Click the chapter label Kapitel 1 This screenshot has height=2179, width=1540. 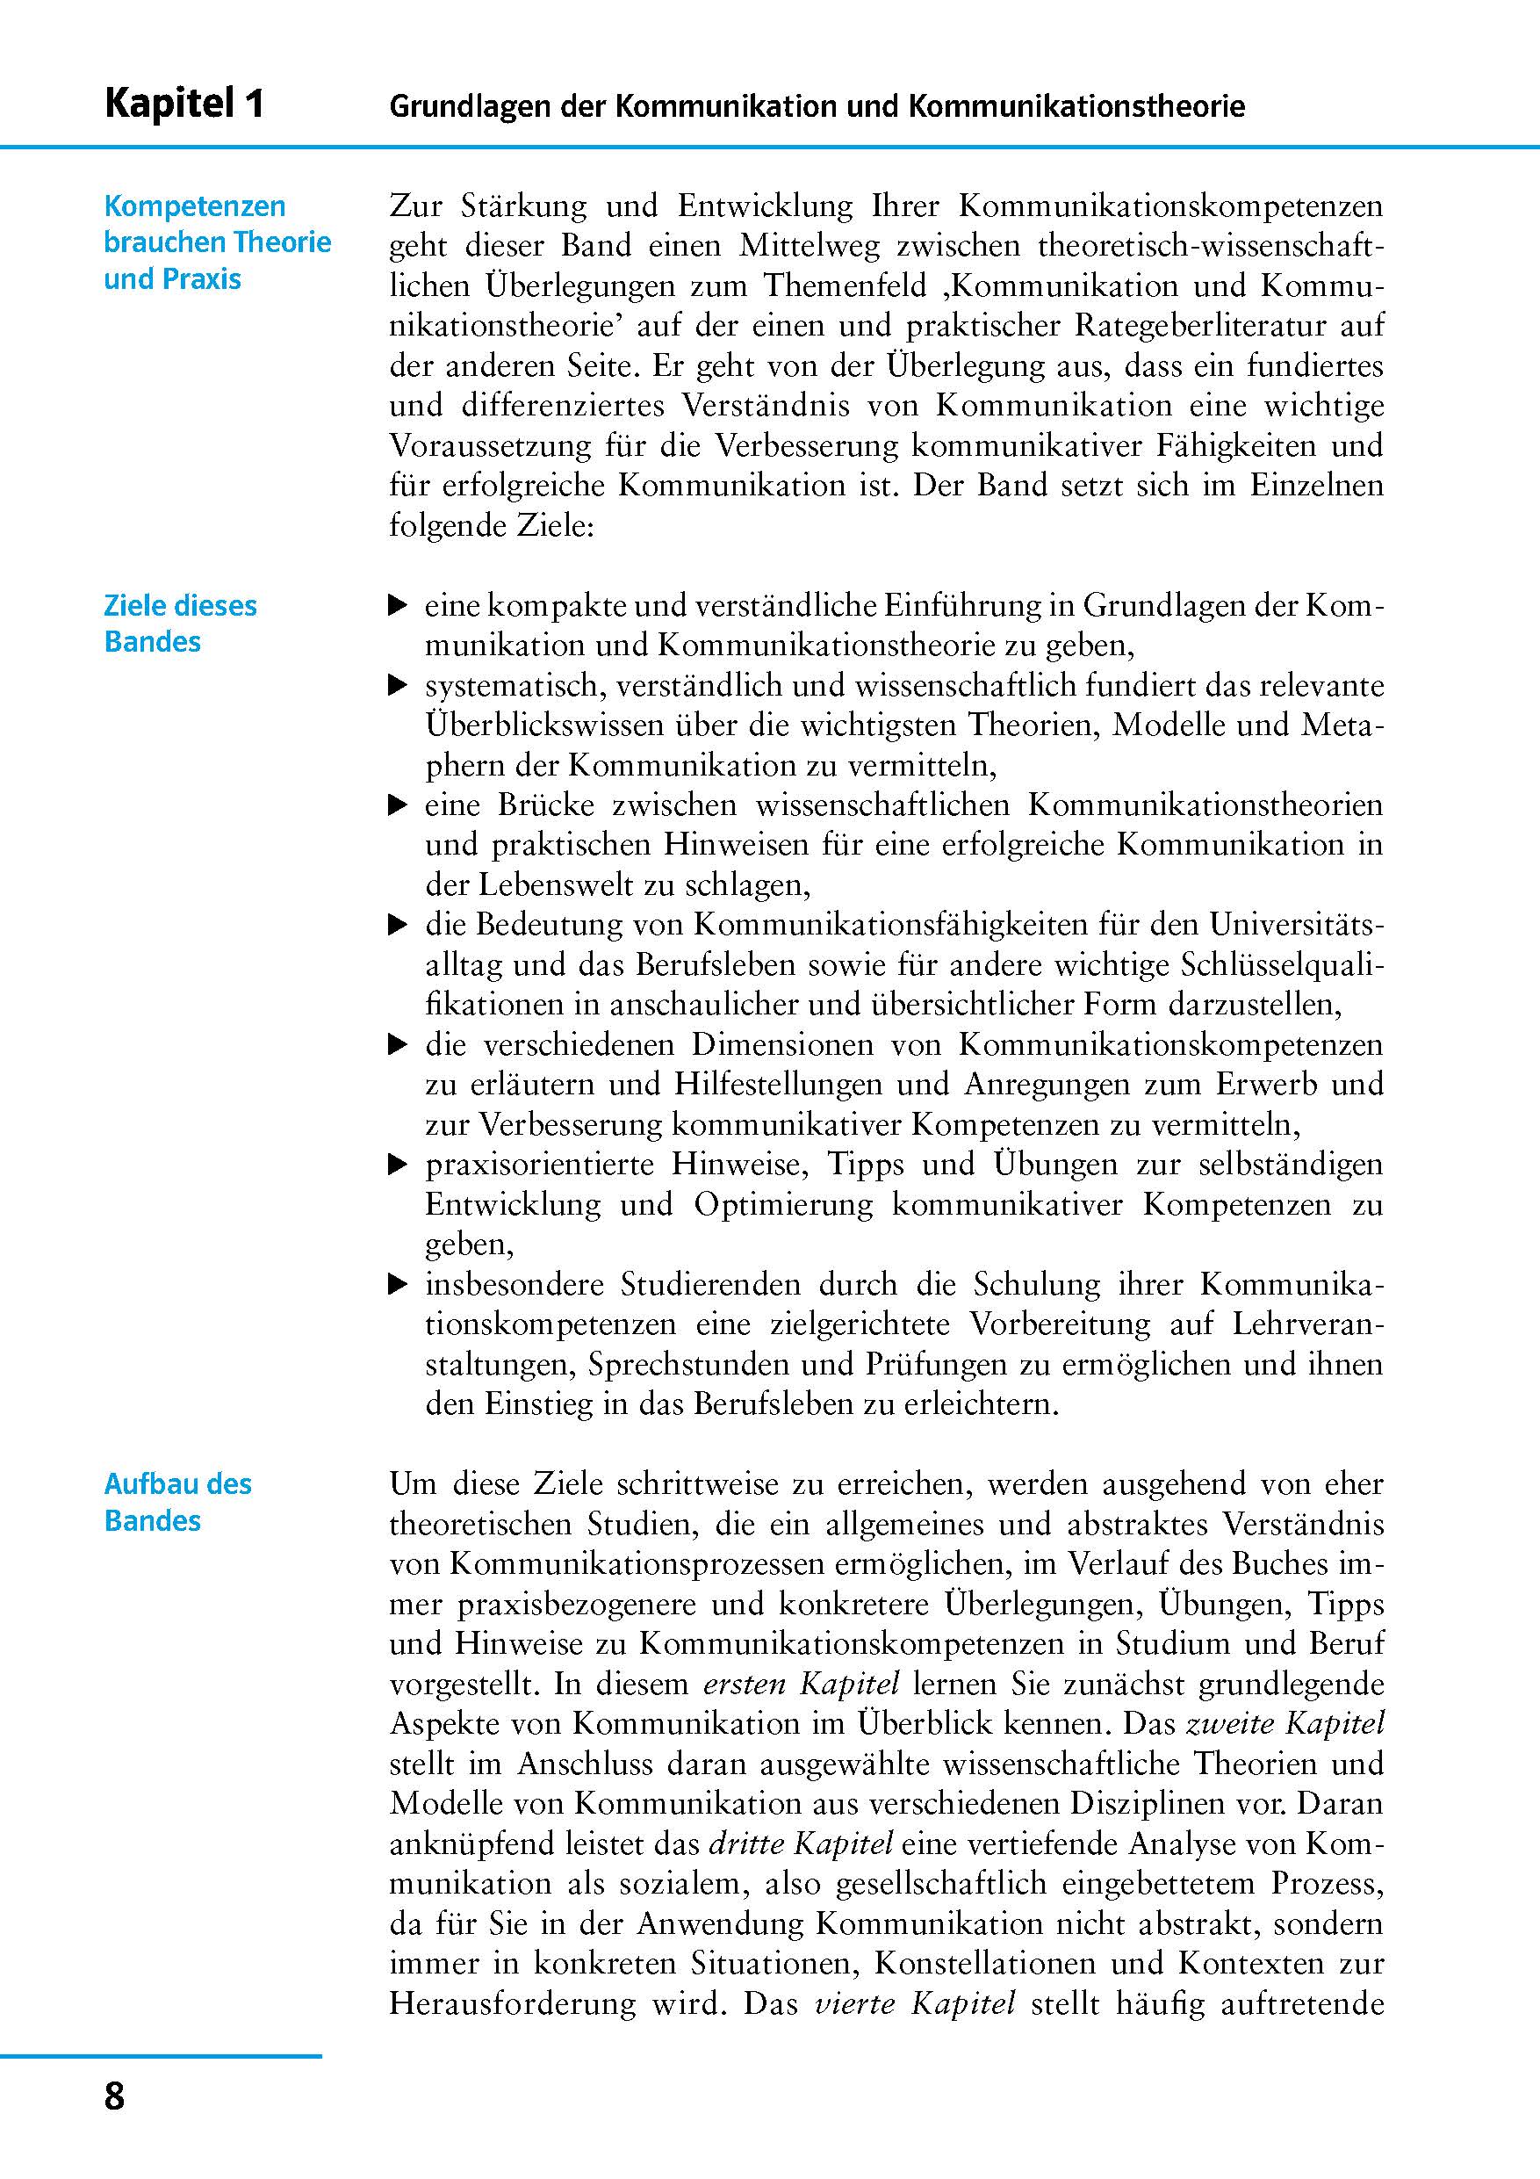click(184, 103)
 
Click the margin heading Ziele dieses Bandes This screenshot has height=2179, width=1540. click(179, 624)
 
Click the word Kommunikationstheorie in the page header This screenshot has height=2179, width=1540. click(1076, 105)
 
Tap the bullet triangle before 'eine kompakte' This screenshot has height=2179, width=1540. click(399, 605)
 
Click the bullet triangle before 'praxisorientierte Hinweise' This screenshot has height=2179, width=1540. click(399, 1165)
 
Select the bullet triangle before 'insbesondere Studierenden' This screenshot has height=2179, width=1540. click(399, 1286)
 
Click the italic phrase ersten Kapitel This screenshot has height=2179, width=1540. click(801, 1685)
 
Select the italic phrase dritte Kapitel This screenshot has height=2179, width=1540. click(801, 1844)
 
